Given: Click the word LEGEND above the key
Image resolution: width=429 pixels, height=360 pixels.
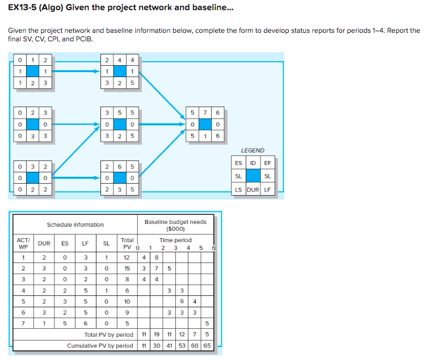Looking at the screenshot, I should pos(253,150).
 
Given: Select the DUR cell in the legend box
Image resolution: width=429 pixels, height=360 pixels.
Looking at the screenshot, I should pos(253,189).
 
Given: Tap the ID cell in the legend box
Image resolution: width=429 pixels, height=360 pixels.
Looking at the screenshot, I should pos(253,163).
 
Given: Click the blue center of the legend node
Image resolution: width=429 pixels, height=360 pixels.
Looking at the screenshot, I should pos(253,176).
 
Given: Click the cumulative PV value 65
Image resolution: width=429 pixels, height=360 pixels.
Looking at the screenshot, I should pos(207,345).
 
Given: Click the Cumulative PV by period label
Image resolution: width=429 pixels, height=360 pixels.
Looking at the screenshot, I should pos(100,345).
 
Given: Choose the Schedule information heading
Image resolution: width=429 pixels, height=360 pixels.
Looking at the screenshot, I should pos(75,225).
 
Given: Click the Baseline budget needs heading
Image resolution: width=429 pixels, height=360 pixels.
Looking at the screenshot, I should pos(175,225).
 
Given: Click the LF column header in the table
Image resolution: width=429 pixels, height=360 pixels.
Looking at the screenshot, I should pos(85,244).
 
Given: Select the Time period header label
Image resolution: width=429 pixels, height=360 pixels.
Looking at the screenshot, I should pos(175,240).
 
